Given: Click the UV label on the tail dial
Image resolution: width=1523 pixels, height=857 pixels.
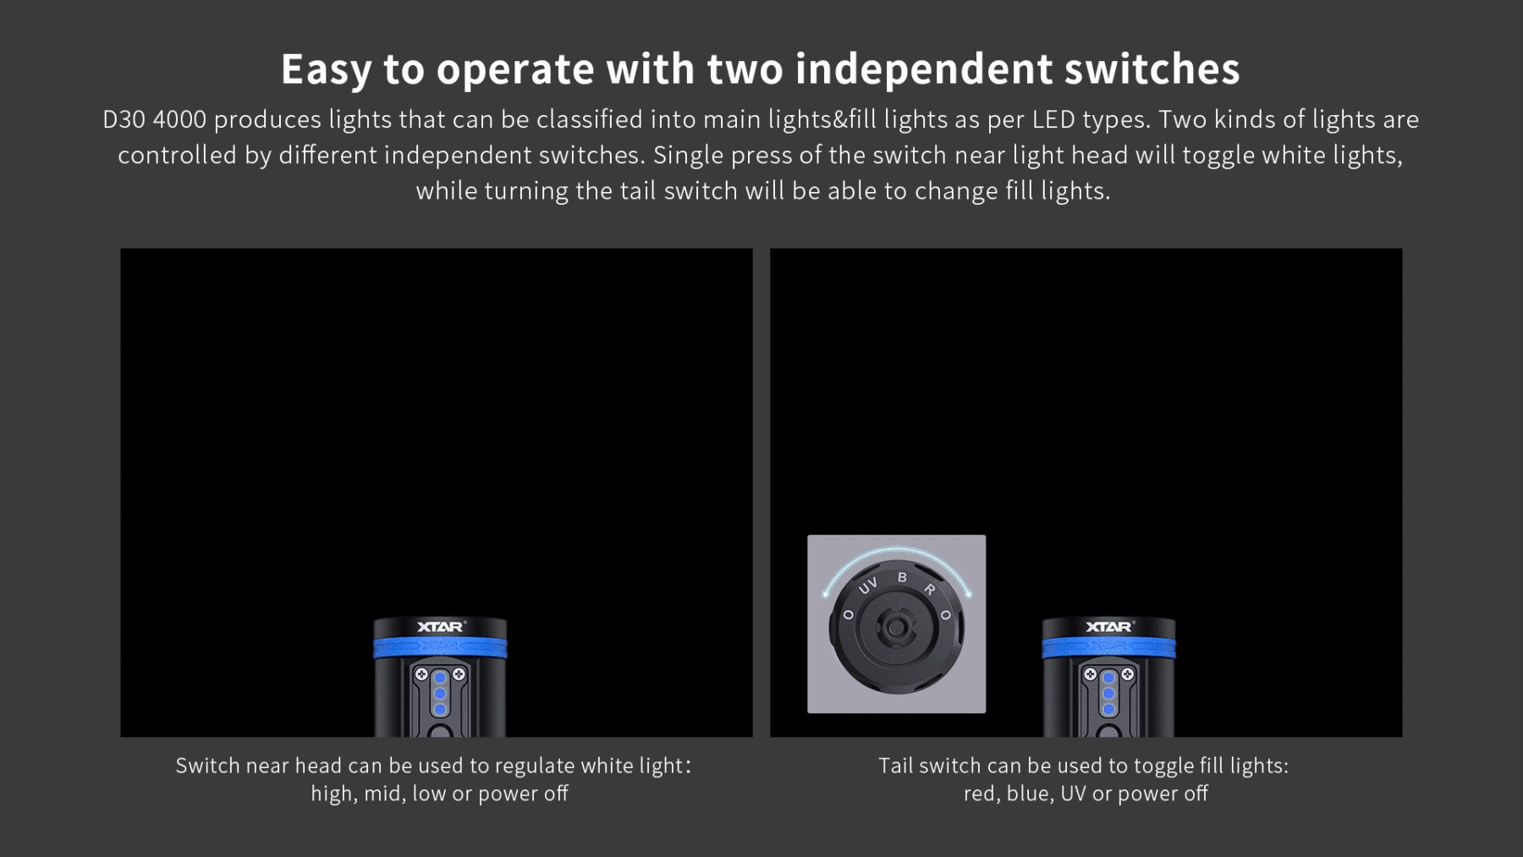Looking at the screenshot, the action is pyautogui.click(x=868, y=585).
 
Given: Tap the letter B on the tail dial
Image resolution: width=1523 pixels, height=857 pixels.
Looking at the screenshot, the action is pyautogui.click(x=902, y=577).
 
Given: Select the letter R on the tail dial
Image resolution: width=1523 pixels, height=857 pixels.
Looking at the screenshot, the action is pyautogui.click(x=930, y=589).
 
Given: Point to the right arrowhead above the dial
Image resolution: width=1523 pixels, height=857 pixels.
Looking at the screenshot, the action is pyautogui.click(x=968, y=594).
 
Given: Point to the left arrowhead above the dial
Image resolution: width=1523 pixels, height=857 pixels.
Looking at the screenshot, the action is pyautogui.click(x=826, y=594).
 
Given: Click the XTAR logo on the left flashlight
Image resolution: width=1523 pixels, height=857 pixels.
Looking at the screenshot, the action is pyautogui.click(x=441, y=627).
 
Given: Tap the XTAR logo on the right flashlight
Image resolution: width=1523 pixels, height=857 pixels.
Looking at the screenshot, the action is pyautogui.click(x=1109, y=627).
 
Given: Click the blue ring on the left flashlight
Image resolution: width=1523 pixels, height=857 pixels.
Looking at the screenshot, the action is pyautogui.click(x=440, y=648).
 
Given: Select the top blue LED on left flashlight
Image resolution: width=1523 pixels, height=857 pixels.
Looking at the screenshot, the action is pyautogui.click(x=440, y=678).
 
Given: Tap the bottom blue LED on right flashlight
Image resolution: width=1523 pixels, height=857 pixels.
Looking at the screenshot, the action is pyautogui.click(x=1108, y=709).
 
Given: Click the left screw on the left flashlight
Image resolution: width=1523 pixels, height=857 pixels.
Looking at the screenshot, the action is pyautogui.click(x=421, y=674).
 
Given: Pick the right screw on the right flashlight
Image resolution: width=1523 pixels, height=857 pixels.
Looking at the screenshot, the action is pyautogui.click(x=1127, y=674).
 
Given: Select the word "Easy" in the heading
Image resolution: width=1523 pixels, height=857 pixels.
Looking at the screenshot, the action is pyautogui.click(x=327, y=70).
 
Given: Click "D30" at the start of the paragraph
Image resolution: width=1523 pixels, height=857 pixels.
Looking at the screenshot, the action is pyautogui.click(x=124, y=119).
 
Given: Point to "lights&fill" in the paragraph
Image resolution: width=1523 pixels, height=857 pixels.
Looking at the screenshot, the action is pyautogui.click(x=822, y=119).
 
